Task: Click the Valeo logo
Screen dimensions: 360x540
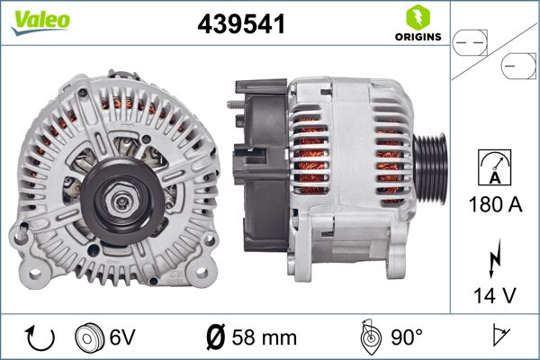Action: pyautogui.click(x=40, y=21)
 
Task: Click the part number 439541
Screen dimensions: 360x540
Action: pyautogui.click(x=241, y=26)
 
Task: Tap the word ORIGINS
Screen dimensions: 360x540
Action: pyautogui.click(x=417, y=39)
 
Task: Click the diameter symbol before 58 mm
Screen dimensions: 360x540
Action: pyautogui.click(x=217, y=337)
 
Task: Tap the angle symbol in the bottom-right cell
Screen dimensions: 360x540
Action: pyautogui.click(x=499, y=337)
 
